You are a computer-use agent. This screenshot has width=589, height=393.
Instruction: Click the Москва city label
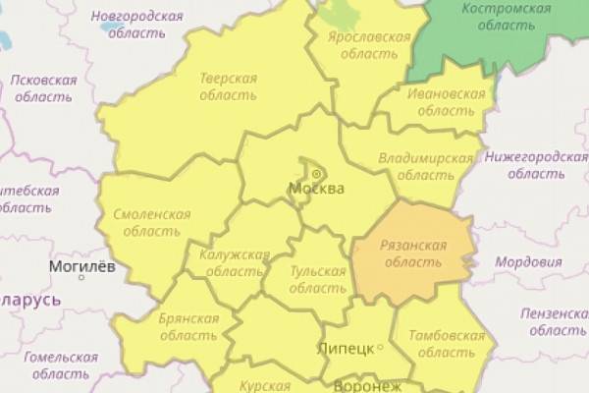point(316,189)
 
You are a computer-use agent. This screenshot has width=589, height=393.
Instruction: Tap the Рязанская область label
point(411,253)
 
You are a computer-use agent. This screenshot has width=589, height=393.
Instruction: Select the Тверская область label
point(228,86)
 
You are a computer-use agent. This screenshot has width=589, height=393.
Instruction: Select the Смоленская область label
point(151,221)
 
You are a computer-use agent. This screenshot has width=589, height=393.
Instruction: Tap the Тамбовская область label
point(446,344)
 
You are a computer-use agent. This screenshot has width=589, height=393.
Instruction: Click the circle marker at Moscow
point(317,174)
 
